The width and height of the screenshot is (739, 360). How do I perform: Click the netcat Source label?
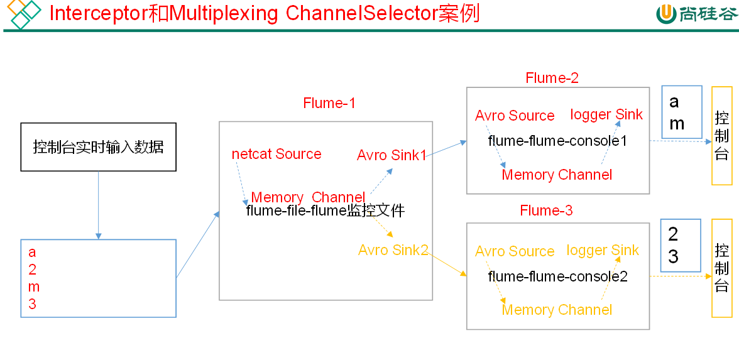point(276,155)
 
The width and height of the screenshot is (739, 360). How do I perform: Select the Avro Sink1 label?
point(391,155)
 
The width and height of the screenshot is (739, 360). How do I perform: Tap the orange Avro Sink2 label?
point(393,250)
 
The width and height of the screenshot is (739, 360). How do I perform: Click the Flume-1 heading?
point(329,103)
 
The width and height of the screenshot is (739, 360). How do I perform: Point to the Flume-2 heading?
point(552,78)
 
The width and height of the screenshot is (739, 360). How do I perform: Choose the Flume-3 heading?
point(546,210)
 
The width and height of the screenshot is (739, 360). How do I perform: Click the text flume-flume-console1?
point(557,141)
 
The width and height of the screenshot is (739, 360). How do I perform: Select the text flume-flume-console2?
point(557,276)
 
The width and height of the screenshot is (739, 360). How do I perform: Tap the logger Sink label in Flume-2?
point(606,114)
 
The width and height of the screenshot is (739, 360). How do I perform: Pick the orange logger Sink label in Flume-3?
point(603,250)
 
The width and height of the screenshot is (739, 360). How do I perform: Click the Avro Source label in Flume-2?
point(515,116)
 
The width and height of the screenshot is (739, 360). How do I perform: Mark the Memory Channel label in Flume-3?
point(557,310)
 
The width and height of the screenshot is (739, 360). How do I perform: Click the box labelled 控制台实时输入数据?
point(99,147)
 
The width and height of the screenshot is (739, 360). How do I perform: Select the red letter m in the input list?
point(34,287)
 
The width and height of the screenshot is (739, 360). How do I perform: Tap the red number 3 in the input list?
point(33,305)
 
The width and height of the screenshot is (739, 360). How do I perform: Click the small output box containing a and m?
point(682,112)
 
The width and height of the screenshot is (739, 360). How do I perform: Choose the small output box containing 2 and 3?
point(681,246)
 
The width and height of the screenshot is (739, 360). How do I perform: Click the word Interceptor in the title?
point(99,13)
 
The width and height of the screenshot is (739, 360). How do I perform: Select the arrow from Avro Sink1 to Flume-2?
point(446,148)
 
